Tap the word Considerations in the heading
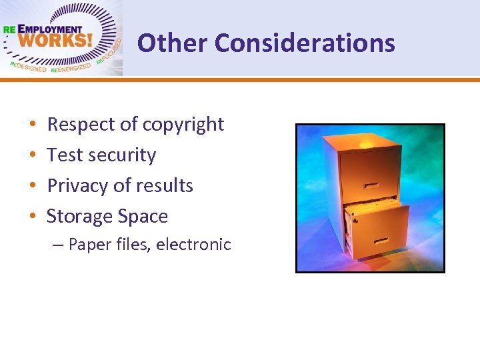305,43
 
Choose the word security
122,155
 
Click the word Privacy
78,186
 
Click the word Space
143,217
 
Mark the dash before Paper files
57,245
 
